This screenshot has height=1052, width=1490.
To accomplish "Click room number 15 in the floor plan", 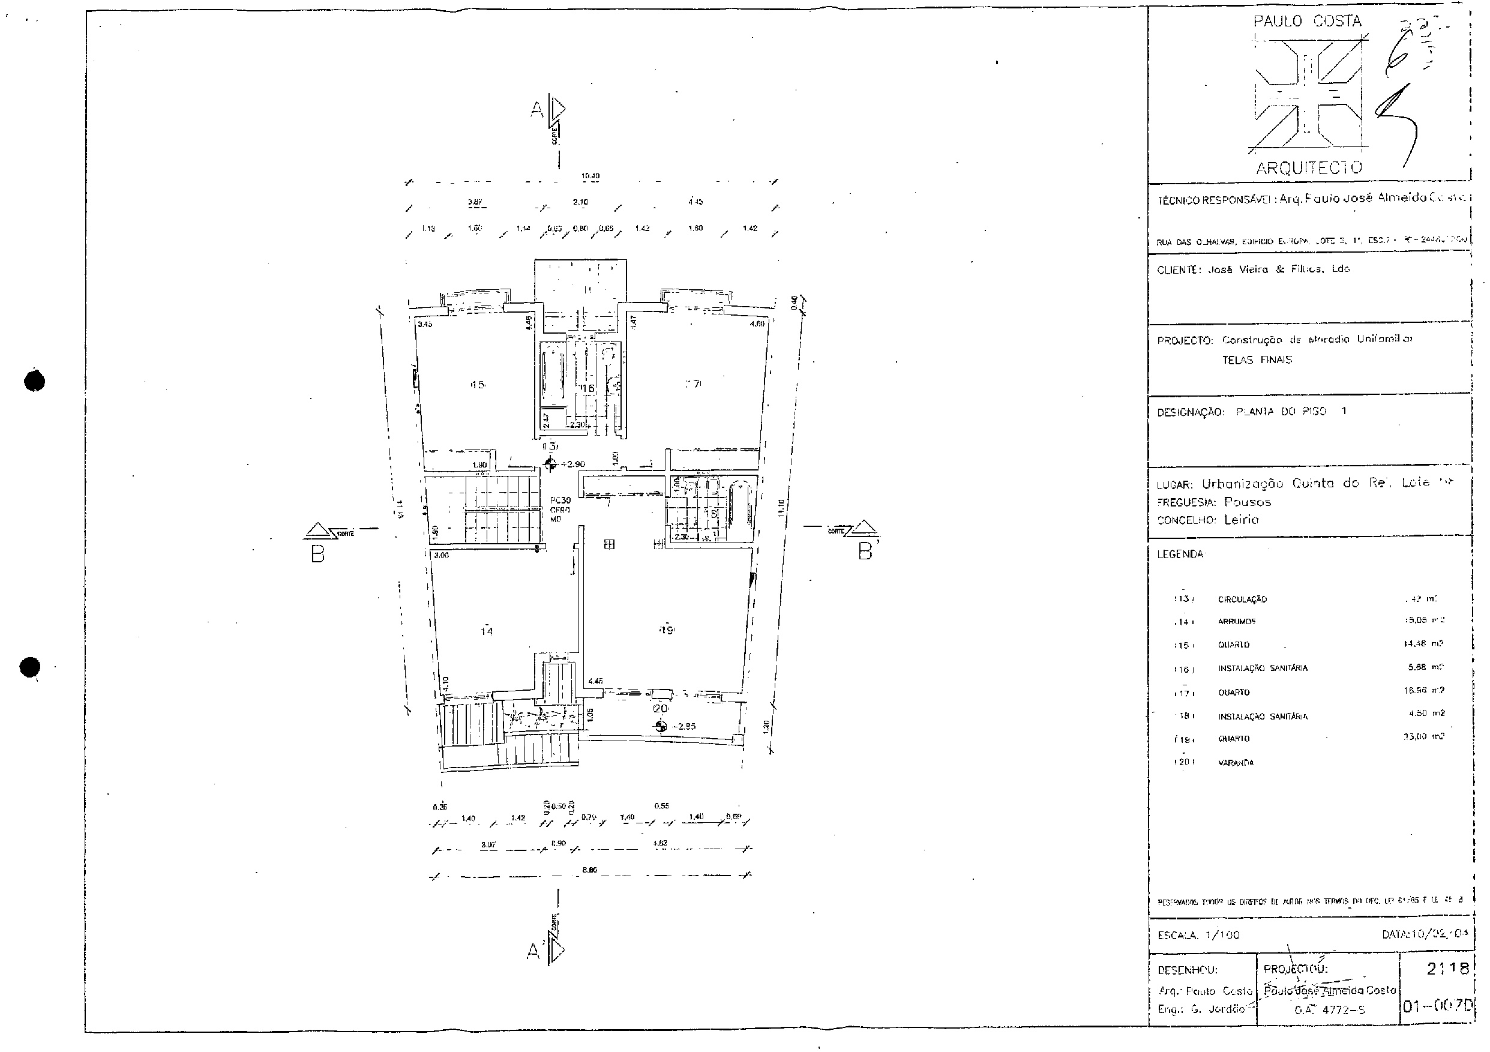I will coord(478,385).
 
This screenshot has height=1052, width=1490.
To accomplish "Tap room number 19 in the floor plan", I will coord(667,630).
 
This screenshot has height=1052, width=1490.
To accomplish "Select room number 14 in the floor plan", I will coord(487,631).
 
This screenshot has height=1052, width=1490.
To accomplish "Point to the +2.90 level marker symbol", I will coord(550,464).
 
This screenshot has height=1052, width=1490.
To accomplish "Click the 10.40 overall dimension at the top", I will coord(590,176).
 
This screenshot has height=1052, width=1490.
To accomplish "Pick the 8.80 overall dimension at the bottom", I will coord(589,870).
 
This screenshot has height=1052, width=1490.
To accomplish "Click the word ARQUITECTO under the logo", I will coord(1309,169).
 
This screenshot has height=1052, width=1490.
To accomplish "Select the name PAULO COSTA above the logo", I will coord(1307,22).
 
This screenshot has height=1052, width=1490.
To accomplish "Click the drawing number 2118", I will coord(1447,969).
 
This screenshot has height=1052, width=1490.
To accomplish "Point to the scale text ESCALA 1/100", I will coord(1198,935).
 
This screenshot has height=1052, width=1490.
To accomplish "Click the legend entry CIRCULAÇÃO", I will coord(1242,600).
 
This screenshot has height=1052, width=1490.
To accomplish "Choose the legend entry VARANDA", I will coord(1236,763).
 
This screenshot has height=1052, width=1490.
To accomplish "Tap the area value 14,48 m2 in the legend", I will coord(1423,644).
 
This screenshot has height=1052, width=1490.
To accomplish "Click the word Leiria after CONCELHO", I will coord(1241,520).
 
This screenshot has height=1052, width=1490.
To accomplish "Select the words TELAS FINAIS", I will coord(1257,359).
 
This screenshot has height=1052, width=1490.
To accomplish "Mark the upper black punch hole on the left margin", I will coord(34,381).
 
